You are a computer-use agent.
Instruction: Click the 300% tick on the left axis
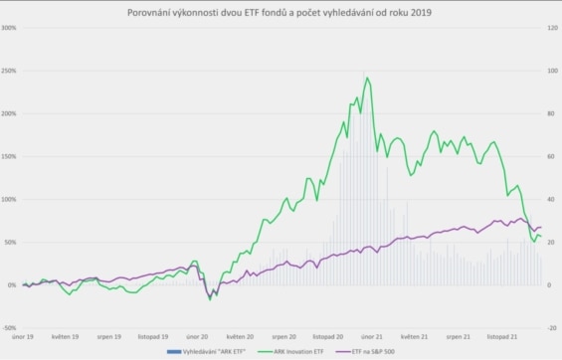click(9, 27)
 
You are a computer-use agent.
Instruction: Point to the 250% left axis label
click(9, 71)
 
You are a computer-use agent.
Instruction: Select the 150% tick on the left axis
click(9, 156)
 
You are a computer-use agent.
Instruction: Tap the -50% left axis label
click(9, 327)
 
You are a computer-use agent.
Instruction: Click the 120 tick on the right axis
click(553, 27)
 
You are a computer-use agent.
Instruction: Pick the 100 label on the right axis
click(553, 71)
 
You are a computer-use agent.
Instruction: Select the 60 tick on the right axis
click(552, 156)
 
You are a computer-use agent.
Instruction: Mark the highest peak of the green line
click(367, 78)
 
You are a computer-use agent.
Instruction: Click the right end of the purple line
click(541, 228)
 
